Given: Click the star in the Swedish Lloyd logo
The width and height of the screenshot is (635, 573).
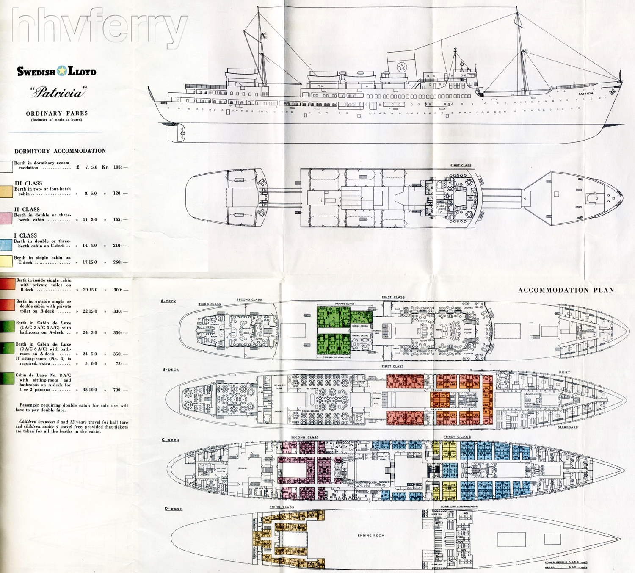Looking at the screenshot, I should pos(62,71).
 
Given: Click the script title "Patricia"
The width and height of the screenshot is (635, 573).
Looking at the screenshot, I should pos(58,92).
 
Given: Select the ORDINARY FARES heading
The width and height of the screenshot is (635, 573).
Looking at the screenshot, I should pos(57,113).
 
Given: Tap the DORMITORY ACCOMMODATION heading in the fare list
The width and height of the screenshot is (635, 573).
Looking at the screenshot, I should pos(60,151).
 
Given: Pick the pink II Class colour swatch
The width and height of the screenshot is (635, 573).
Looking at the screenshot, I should pos(6,218).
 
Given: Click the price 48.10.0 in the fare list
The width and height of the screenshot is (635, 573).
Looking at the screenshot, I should pos(90,390).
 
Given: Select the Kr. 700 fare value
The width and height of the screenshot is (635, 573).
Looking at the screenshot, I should pos(117,390).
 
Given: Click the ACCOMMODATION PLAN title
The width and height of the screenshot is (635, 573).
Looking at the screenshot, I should pos(566,290).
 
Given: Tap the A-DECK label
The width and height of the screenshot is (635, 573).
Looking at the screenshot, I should pos(168,301).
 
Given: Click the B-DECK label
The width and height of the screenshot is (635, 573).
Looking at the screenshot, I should pos(171,370).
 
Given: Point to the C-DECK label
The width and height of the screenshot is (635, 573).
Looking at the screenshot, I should pos(170,440).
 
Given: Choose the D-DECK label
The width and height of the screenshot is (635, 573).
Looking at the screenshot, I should pos(174,509).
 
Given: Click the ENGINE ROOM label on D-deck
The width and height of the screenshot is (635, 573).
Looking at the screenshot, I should pos(371,535).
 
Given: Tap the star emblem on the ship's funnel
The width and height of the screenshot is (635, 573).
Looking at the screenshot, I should pos(401,66).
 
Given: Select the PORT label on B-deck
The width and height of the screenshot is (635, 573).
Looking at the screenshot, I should pos(564,373).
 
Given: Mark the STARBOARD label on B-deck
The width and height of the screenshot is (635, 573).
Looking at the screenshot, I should pos(568,427).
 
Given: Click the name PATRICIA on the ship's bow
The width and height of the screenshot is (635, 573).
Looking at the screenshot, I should pos(586,94).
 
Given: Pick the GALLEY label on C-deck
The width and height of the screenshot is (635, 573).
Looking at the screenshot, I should pos(243,468).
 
